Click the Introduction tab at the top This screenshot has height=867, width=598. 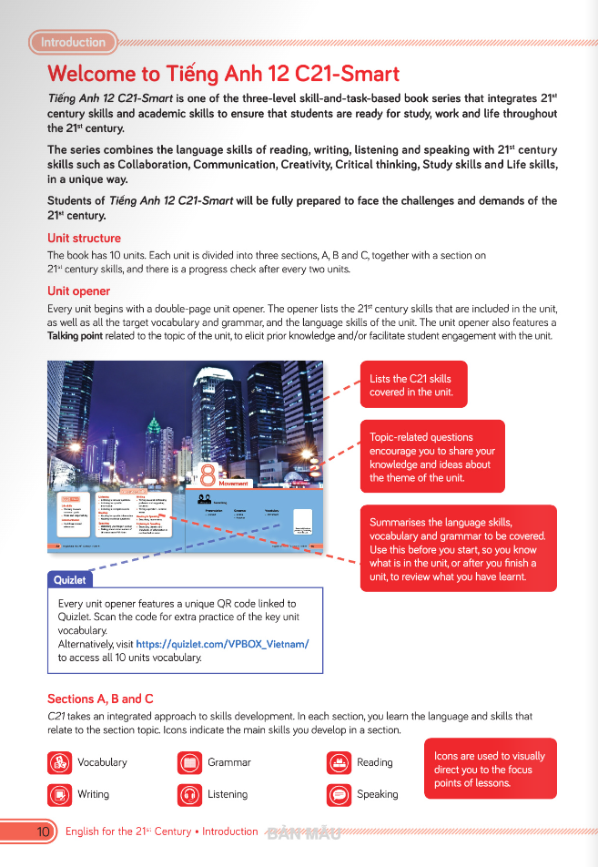click(x=73, y=42)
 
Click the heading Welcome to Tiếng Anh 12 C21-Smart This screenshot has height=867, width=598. click(x=223, y=74)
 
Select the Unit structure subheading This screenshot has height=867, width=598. click(x=84, y=239)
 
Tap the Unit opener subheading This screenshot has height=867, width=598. click(x=79, y=291)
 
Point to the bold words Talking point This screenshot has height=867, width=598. click(x=76, y=336)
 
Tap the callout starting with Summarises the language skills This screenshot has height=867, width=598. click(x=458, y=548)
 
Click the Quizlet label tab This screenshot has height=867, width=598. click(x=69, y=579)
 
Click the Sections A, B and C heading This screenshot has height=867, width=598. click(x=100, y=699)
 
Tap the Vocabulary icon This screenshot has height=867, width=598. click(x=59, y=762)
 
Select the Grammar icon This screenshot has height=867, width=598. click(x=190, y=762)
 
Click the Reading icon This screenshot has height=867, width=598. click(x=339, y=762)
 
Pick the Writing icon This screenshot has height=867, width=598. click(x=59, y=794)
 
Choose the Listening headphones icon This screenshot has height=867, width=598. click(x=190, y=794)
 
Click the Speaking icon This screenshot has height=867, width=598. click(x=339, y=794)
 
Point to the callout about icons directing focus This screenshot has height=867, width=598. click(x=490, y=770)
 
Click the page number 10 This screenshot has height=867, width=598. click(x=43, y=831)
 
